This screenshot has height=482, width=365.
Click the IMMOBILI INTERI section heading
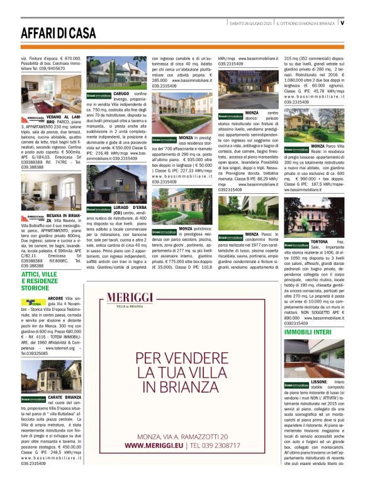click(x=308, y=331)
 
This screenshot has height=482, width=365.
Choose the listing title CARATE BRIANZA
click(x=63, y=398)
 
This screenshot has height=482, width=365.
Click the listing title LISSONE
click(x=319, y=382)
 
